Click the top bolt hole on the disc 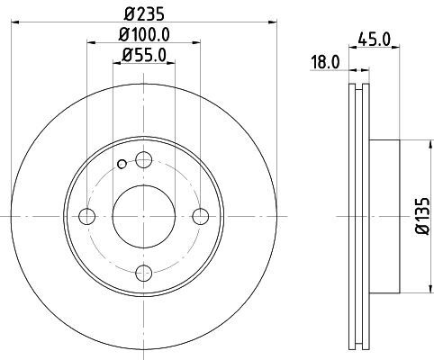tap(142, 160)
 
